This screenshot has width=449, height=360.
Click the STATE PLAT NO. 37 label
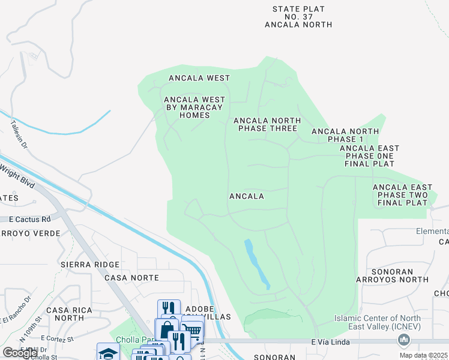[x=298, y=17]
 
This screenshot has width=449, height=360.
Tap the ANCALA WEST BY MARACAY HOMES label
[x=195, y=107]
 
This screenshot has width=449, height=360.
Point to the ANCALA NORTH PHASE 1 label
[x=345, y=135]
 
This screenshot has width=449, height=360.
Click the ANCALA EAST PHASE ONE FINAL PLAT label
[x=369, y=155]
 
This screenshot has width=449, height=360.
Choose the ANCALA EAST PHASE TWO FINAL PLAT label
[x=402, y=195]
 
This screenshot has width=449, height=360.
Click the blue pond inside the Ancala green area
[x=256, y=262]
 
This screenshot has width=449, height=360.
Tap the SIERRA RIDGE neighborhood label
[x=90, y=265]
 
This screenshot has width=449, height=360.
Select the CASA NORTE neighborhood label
[x=131, y=278]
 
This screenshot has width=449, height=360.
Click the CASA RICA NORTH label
[x=65, y=314]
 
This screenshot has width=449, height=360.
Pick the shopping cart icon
[x=191, y=331]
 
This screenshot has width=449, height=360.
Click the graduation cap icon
[x=108, y=352]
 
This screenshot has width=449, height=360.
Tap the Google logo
[x=19, y=352]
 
